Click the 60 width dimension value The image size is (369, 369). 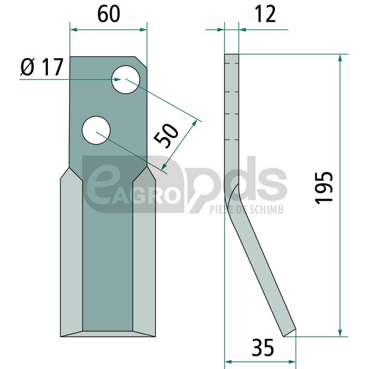pyautogui.click(x=108, y=14)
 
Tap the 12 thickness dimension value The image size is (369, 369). pyautogui.click(x=265, y=14)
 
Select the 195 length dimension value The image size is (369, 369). pyautogui.click(x=324, y=188)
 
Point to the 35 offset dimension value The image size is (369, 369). pyautogui.click(x=262, y=347)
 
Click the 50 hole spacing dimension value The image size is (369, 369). pyautogui.click(x=166, y=136)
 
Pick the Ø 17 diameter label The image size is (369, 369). pyautogui.click(x=42, y=67)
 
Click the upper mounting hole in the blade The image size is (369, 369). pyautogui.click(x=125, y=80)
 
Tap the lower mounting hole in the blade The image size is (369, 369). pyautogui.click(x=96, y=130)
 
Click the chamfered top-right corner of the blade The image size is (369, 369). pyautogui.click(x=141, y=63)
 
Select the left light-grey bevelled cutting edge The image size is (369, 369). pyautogui.click(x=71, y=252)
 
